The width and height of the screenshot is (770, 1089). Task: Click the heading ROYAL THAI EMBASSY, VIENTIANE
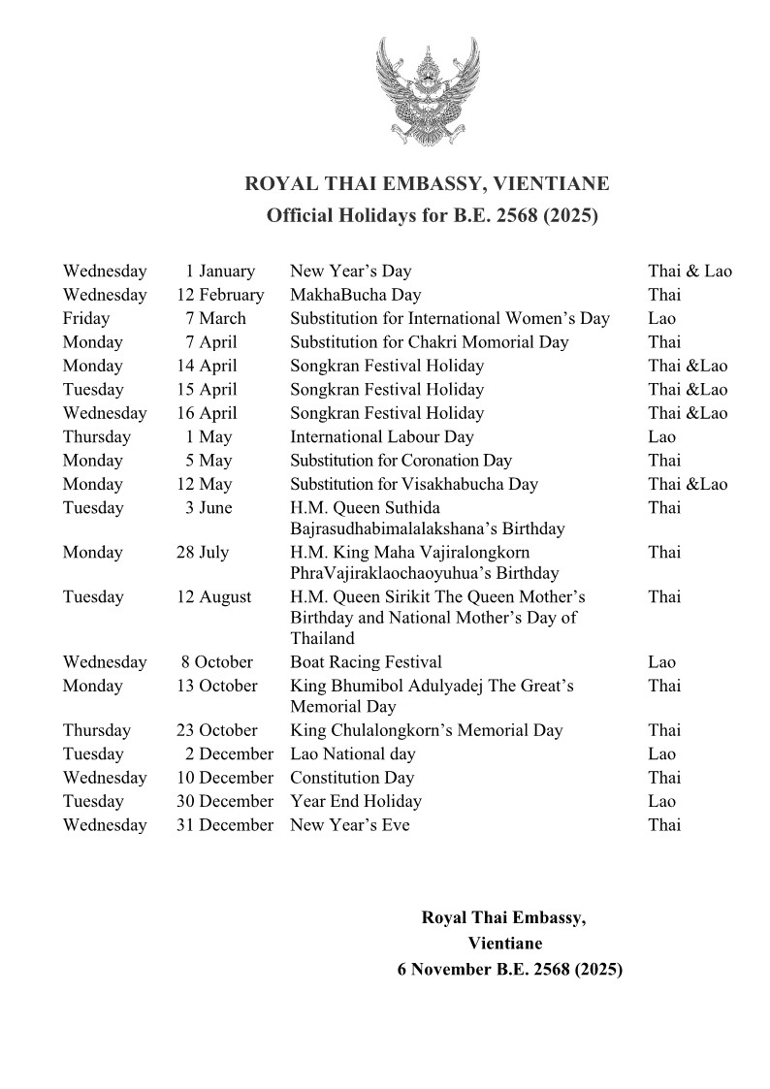[428, 183]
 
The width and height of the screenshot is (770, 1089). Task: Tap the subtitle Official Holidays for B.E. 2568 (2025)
[433, 215]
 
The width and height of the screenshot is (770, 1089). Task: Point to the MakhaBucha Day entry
[355, 295]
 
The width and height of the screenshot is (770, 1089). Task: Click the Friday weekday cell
[86, 318]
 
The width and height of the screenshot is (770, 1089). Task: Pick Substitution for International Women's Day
[450, 318]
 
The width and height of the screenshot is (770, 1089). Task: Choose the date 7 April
[211, 342]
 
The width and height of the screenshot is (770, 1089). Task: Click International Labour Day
[382, 436]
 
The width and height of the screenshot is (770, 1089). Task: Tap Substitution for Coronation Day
[401, 461]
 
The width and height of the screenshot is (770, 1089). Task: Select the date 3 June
[209, 507]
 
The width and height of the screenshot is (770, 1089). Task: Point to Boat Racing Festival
[366, 662]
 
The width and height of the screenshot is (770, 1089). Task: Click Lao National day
[353, 753]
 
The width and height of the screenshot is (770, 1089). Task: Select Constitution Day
[352, 778]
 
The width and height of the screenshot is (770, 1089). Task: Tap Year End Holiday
[356, 801]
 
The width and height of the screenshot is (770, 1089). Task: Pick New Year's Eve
[350, 825]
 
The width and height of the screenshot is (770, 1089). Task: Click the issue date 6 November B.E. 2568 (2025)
[509, 968]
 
